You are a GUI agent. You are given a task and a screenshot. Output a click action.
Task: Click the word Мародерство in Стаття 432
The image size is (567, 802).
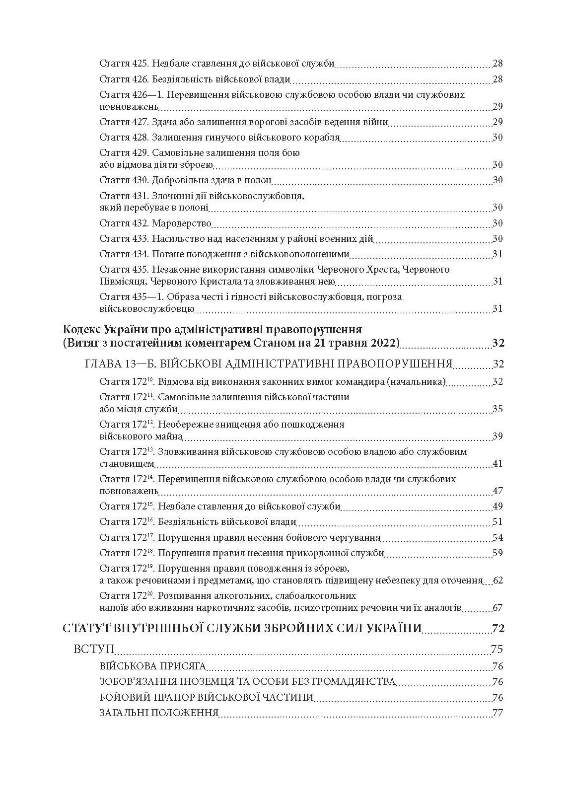click(x=182, y=223)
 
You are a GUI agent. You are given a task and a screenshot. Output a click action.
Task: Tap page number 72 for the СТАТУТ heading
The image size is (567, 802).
click(x=498, y=628)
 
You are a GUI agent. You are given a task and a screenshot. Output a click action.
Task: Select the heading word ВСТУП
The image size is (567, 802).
click(x=94, y=650)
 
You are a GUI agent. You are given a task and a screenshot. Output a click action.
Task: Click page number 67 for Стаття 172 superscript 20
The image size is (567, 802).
click(x=497, y=608)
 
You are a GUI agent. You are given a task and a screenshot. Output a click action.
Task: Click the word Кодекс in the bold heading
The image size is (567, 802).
click(x=82, y=330)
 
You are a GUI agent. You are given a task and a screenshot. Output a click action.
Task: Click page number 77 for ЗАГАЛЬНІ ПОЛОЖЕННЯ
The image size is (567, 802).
click(x=497, y=713)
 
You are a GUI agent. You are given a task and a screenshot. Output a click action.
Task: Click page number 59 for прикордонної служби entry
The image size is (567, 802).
click(x=497, y=553)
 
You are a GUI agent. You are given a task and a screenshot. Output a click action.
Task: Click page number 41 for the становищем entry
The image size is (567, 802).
click(x=497, y=464)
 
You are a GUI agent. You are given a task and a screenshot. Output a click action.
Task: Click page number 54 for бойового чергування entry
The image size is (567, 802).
click(x=497, y=538)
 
